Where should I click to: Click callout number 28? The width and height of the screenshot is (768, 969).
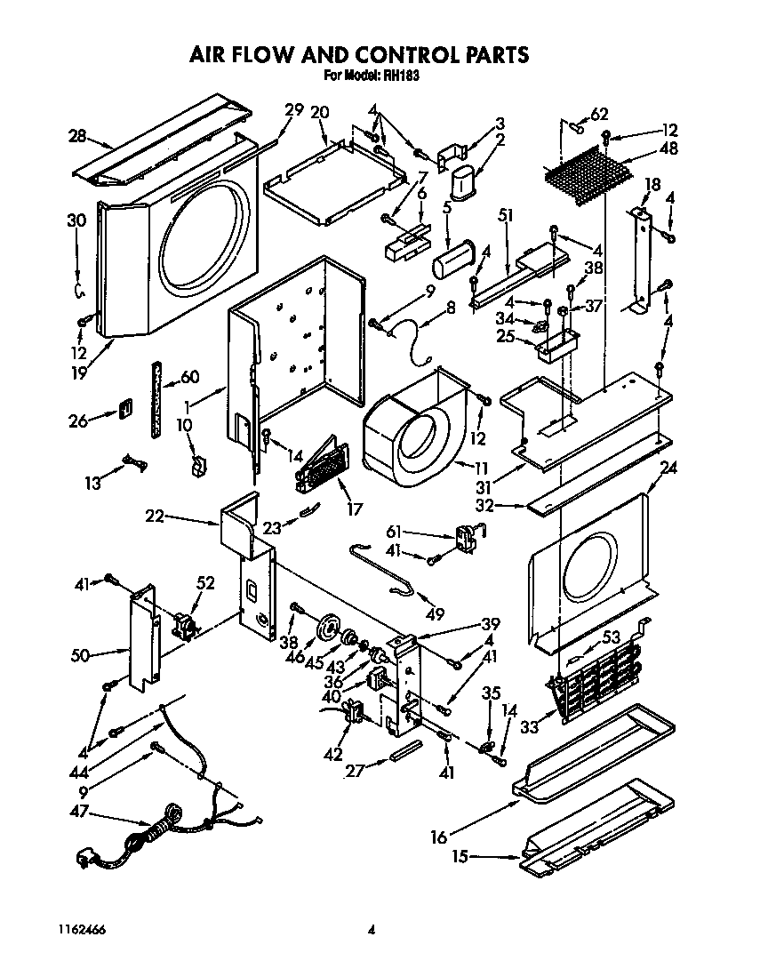point(77,136)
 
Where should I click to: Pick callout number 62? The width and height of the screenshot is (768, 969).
point(599,113)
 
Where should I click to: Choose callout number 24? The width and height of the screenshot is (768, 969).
point(668,468)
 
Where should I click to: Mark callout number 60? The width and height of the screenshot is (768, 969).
point(189,377)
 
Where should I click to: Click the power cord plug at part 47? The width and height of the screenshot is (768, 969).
point(86,860)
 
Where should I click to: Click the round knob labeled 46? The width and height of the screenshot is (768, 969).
point(332,628)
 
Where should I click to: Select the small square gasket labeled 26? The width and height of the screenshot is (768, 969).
point(125,411)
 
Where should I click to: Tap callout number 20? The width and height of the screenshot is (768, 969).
point(319,112)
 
